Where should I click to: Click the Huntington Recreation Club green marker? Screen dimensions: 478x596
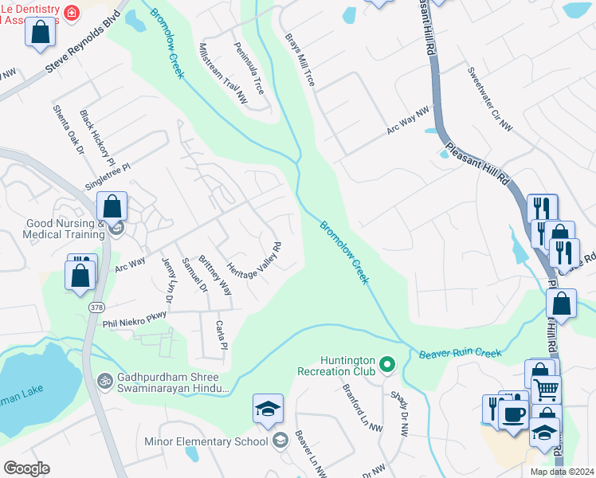pos(387,366)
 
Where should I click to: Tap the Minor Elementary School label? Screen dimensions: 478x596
pos(206,441)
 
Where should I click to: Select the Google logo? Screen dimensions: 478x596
pos(26,468)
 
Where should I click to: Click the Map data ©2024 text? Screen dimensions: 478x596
pos(561,472)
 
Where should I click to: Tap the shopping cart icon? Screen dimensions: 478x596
pos(546,390)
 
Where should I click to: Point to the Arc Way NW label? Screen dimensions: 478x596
pos(407,119)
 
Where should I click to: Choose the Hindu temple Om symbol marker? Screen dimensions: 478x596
pos(103,379)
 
